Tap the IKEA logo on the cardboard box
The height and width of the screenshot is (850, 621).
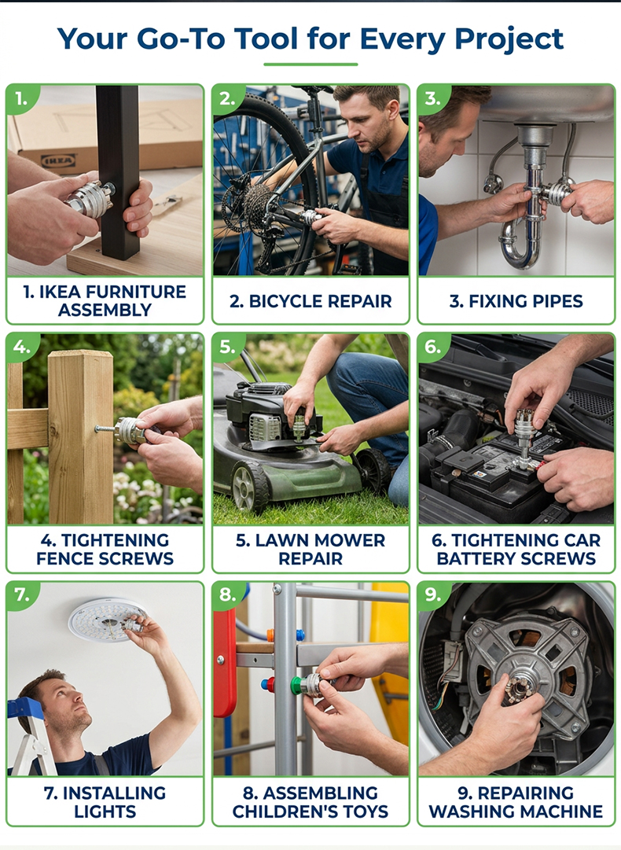58,160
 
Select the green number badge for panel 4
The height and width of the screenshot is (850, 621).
22,346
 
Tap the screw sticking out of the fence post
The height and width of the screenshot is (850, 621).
105,429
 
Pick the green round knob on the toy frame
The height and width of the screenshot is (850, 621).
296,686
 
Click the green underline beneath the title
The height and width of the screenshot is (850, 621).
310,64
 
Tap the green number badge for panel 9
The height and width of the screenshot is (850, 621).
433,594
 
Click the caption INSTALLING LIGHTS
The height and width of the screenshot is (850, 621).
105,802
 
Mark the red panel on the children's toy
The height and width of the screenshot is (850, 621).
224,662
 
